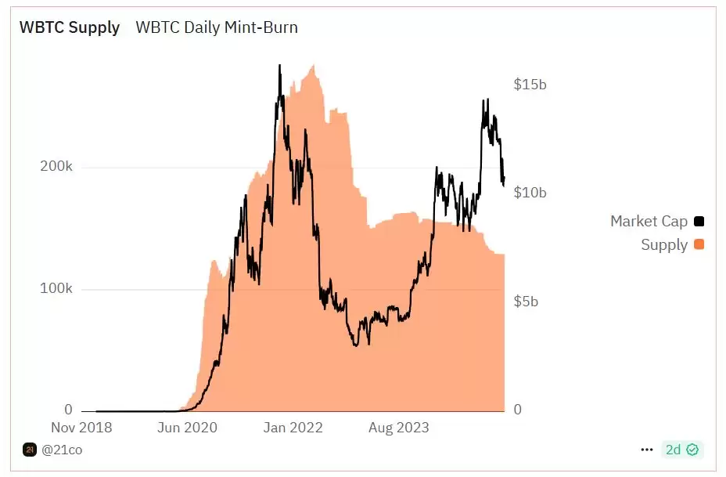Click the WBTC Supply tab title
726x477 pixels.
[x=70, y=27]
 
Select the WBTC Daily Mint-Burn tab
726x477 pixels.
[x=217, y=27]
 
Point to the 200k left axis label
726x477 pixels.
[x=57, y=168]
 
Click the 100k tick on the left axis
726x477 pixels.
[x=57, y=289]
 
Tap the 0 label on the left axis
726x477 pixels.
[x=68, y=410]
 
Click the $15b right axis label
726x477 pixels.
[x=530, y=85]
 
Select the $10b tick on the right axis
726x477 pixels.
[x=530, y=193]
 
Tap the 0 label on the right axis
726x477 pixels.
[x=517, y=410]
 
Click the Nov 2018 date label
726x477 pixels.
[x=81, y=428]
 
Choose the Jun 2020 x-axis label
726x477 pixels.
[x=186, y=428]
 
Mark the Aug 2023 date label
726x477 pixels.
[x=399, y=428]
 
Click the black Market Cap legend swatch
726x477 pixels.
[x=699, y=222]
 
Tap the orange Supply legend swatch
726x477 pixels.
[x=699, y=245]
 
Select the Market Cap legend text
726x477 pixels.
[x=649, y=222]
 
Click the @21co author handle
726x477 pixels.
[x=62, y=450]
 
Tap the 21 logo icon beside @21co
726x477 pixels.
[x=30, y=450]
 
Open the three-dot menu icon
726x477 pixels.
[x=646, y=450]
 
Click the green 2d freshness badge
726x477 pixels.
[x=682, y=450]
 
